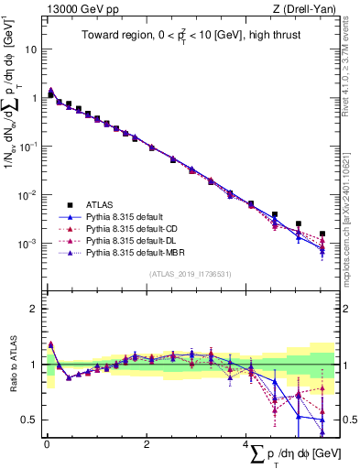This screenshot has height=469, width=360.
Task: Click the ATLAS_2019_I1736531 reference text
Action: (189, 273)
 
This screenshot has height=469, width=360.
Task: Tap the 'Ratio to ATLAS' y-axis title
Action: (12, 365)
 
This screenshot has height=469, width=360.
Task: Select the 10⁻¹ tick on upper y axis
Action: (27, 147)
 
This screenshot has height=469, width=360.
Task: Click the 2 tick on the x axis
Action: (147, 447)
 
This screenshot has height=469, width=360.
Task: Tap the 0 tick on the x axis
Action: (47, 447)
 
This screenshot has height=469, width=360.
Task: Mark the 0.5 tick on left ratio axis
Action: (29, 420)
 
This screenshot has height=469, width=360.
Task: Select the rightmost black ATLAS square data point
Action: (322, 234)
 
